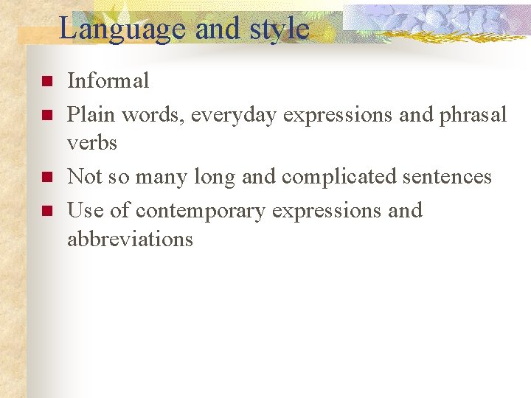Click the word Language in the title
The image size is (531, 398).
pyautogui.click(x=122, y=29)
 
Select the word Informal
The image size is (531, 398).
pyautogui.click(x=108, y=80)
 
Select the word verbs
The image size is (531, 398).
pyautogui.click(x=92, y=142)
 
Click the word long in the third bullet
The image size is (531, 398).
pyautogui.click(x=213, y=177)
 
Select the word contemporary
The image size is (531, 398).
pyautogui.click(x=200, y=211)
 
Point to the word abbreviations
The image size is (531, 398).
pyautogui.click(x=130, y=239)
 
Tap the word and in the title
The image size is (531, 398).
pyautogui.click(x=215, y=29)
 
